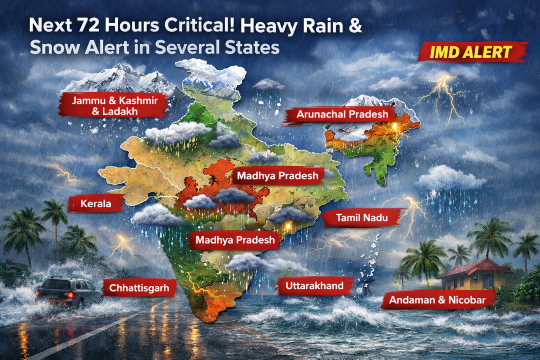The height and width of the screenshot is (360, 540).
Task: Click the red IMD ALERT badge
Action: [472, 52]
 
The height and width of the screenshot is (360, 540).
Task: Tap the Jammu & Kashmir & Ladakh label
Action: [113, 104]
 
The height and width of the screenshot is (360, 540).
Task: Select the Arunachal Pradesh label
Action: [339, 114]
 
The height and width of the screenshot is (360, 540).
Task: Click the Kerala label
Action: [96, 203]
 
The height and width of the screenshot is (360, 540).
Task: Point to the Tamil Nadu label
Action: [360, 217]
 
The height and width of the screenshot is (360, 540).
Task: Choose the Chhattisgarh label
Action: [139, 288]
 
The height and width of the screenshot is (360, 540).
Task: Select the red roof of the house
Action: [475, 266]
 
